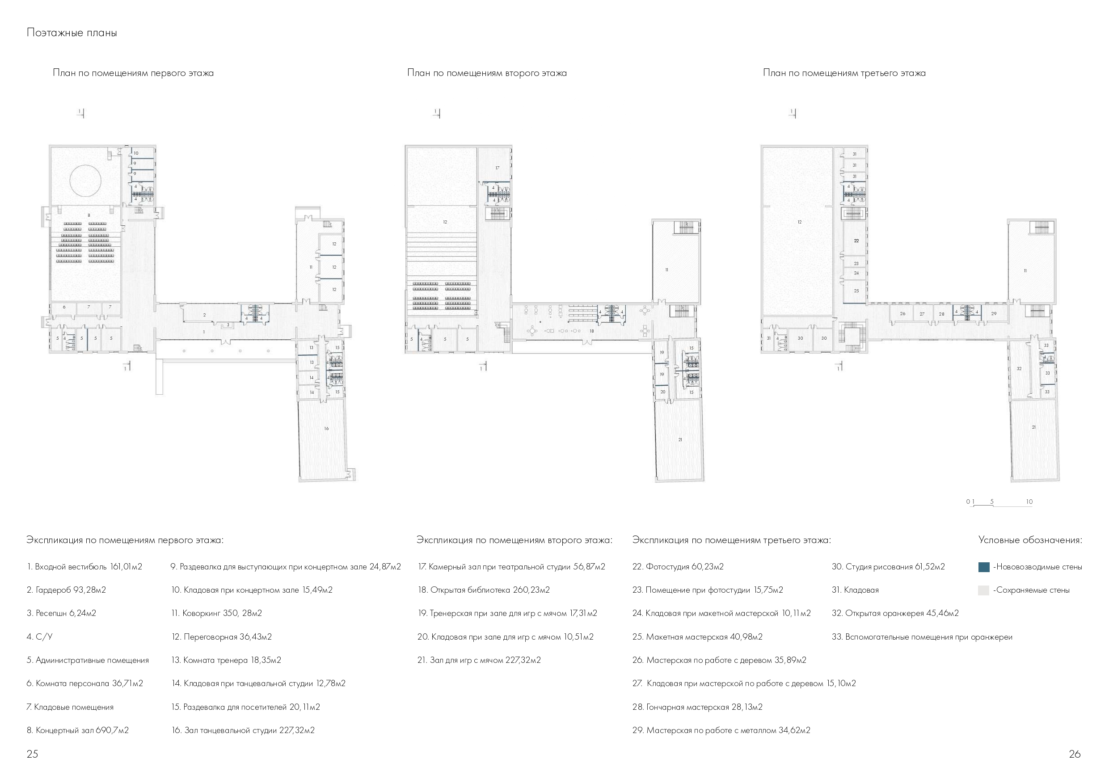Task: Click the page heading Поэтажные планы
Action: click(72, 33)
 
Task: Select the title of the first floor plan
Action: click(133, 73)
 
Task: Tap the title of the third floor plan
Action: click(844, 73)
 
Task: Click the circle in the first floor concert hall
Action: click(85, 180)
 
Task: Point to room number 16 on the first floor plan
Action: click(326, 429)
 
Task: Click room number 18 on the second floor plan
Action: click(592, 331)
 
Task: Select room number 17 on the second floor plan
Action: click(497, 168)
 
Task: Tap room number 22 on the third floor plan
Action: click(856, 240)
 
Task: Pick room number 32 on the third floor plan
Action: click(1019, 369)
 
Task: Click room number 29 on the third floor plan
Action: click(994, 313)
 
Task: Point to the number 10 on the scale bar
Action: click(1029, 502)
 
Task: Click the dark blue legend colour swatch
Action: click(983, 567)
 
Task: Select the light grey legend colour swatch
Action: click(983, 590)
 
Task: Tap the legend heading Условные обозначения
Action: click(1030, 540)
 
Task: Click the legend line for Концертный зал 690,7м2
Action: click(78, 730)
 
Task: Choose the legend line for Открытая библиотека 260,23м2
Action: click(484, 590)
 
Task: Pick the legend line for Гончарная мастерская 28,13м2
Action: click(697, 707)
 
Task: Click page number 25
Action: click(32, 754)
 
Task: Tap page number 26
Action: click(1075, 754)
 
